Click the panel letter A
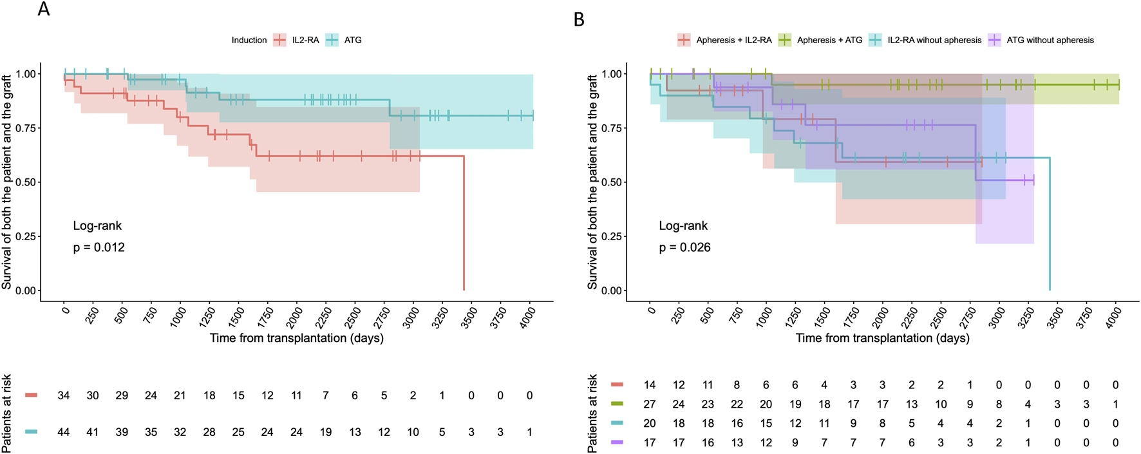point(44,9)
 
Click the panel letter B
point(579,20)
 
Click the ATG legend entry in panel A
point(344,40)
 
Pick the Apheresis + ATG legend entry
point(820,40)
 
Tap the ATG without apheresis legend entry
point(1041,40)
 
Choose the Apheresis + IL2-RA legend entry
point(724,40)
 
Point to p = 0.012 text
point(99,247)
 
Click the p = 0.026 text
point(684,247)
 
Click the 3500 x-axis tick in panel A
point(467,317)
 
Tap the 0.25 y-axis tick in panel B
point(612,236)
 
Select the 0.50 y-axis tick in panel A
point(26,182)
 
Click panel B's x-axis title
point(882,338)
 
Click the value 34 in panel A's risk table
point(63,395)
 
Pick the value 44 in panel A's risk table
point(63,432)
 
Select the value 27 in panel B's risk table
point(650,404)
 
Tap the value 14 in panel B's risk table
point(650,385)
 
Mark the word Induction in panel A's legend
point(249,40)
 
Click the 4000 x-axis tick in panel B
point(1112,317)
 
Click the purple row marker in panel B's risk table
point(617,443)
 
